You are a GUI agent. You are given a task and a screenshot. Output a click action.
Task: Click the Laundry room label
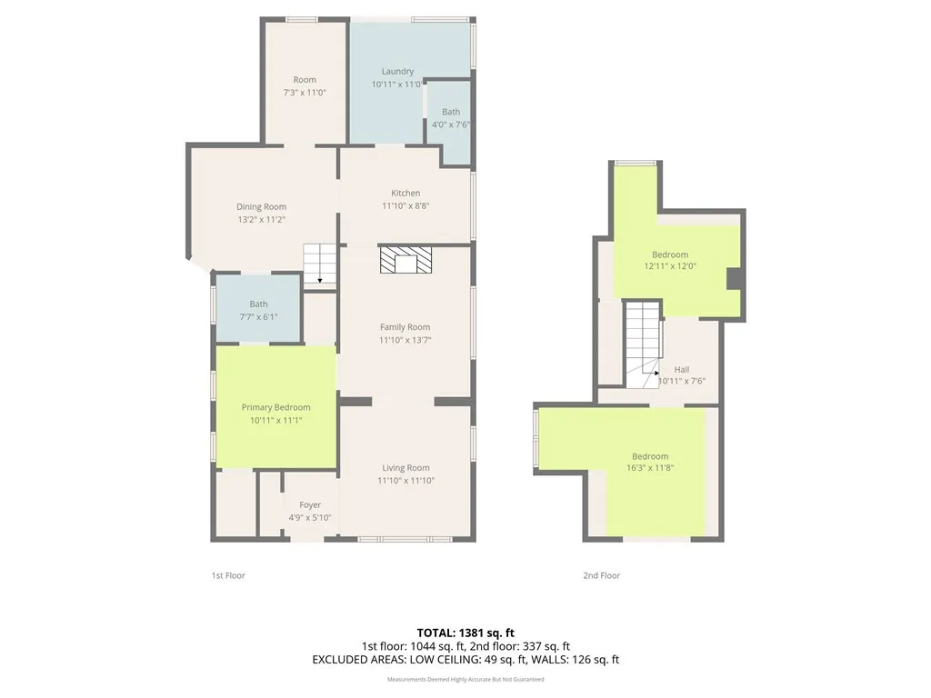(x=397, y=72)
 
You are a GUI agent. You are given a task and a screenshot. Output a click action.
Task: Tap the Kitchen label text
(x=405, y=193)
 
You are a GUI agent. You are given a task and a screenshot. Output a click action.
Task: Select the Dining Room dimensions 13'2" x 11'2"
(x=261, y=219)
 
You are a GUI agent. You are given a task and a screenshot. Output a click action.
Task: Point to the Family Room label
(x=405, y=327)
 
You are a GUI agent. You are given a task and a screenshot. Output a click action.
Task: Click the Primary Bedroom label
(x=275, y=407)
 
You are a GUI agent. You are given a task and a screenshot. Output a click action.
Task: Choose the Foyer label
(x=310, y=505)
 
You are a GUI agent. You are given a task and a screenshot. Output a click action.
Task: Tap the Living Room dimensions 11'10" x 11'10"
(x=405, y=480)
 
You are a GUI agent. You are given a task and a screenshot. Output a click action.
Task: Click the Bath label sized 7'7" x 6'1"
(x=259, y=304)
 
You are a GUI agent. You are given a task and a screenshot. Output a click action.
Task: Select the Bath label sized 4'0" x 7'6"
(x=451, y=113)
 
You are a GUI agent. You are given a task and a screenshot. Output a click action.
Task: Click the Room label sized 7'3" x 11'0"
(x=305, y=80)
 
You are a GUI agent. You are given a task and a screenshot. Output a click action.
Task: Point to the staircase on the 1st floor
(x=319, y=264)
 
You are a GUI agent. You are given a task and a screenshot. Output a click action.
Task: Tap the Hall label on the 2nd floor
(x=682, y=370)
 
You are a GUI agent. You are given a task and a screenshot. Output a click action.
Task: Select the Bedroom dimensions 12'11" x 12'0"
(x=670, y=266)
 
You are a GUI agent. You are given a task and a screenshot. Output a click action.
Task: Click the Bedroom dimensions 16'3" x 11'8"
(x=650, y=468)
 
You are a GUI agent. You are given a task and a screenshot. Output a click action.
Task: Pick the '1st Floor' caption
(x=228, y=575)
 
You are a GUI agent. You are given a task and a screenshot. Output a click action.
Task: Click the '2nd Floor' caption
(x=602, y=575)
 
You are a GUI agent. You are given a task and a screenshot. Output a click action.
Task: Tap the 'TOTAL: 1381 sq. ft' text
(x=465, y=632)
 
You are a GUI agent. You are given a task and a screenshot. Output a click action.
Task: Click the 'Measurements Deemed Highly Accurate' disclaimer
(x=465, y=679)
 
